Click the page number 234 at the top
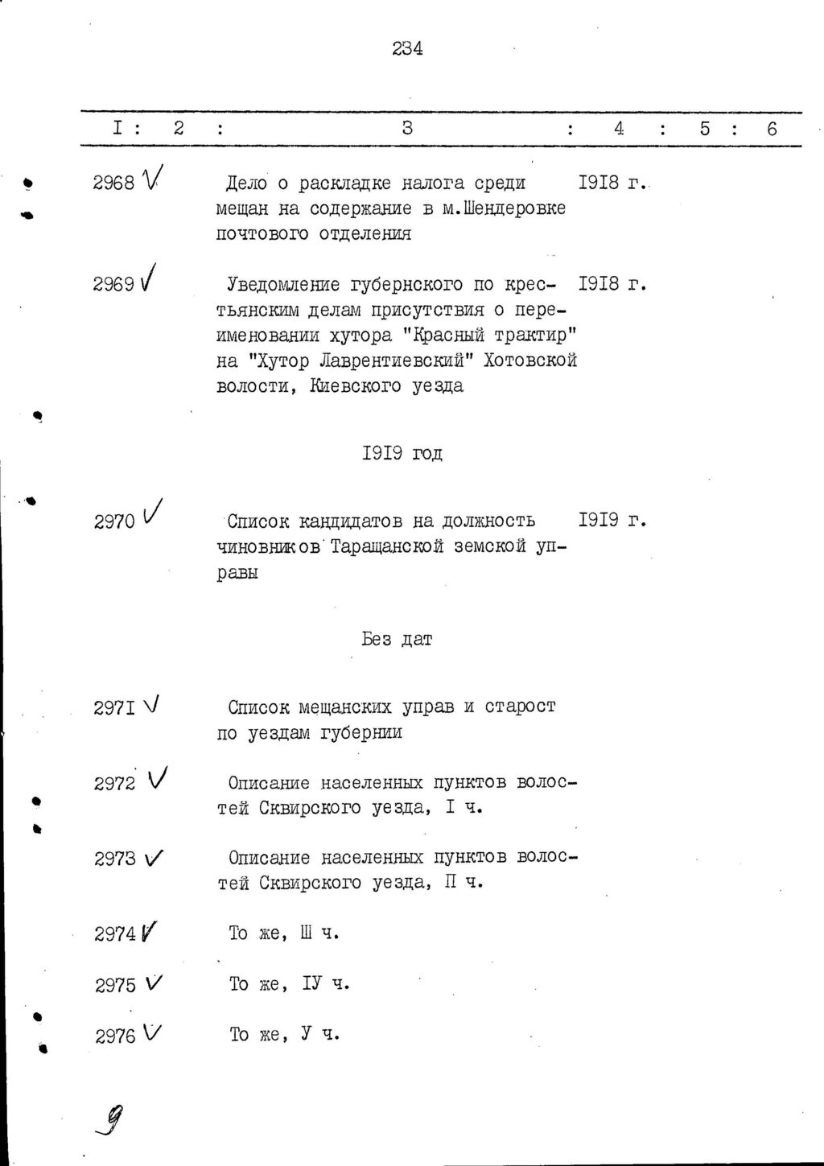pos(407,48)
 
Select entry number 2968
pos(113,183)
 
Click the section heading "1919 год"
pos(402,454)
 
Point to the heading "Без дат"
pos(397,640)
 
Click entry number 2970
pos(113,522)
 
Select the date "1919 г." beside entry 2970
pos(613,521)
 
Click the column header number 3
pos(407,128)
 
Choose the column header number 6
pos(772,128)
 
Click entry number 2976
pos(115,1036)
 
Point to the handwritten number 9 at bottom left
pos(114,1119)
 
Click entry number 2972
pos(114,784)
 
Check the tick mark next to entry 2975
pos(154,983)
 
